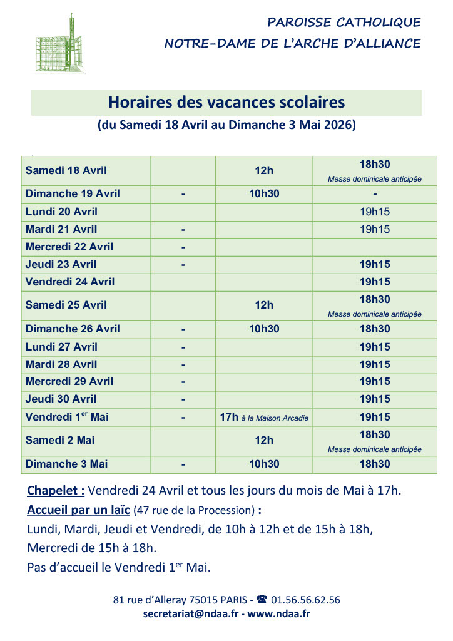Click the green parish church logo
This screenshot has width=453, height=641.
(x=61, y=42)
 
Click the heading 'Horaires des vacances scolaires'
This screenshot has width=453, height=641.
(x=227, y=102)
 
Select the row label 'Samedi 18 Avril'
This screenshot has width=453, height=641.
(x=66, y=170)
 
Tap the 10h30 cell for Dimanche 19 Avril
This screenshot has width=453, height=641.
(x=264, y=193)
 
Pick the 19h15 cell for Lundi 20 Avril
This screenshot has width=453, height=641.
(x=375, y=212)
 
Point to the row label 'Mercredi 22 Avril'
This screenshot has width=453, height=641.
(x=69, y=247)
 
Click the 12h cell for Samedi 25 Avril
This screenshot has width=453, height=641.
(x=264, y=305)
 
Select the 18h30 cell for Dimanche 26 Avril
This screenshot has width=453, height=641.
(x=375, y=329)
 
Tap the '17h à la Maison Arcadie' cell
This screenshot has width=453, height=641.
(x=264, y=417)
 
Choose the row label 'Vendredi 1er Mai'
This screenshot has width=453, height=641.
(x=67, y=416)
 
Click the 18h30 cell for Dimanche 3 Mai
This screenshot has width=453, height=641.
(x=375, y=464)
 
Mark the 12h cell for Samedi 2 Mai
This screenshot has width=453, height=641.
(x=264, y=440)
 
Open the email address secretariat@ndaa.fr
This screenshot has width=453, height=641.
(x=191, y=614)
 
